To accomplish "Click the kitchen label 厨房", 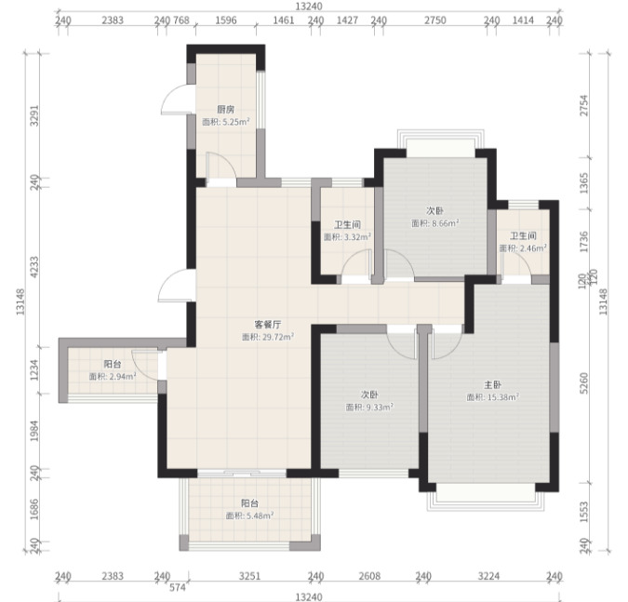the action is pyautogui.click(x=226, y=110).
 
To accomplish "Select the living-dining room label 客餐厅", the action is pyautogui.click(x=268, y=324).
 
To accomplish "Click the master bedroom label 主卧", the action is pyautogui.click(x=492, y=385).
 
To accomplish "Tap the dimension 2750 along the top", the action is pyautogui.click(x=435, y=20).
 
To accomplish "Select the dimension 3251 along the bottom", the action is pyautogui.click(x=249, y=576).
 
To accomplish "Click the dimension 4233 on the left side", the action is pyautogui.click(x=34, y=267).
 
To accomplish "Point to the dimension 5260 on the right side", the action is pyautogui.click(x=584, y=383).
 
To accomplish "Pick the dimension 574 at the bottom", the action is pyautogui.click(x=178, y=587).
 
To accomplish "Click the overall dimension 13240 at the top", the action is pyautogui.click(x=309, y=7).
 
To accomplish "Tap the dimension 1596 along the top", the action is pyautogui.click(x=226, y=20).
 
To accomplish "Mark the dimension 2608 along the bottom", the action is pyautogui.click(x=369, y=576).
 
